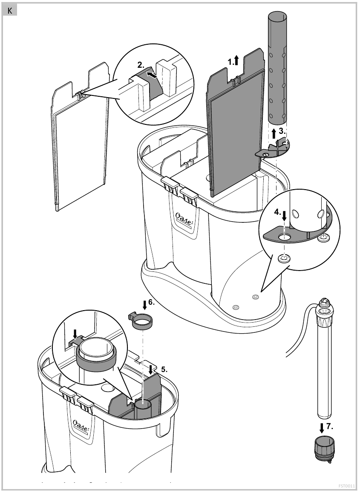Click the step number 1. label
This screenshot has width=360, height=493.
coord(230,61)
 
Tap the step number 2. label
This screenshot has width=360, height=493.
coord(141,66)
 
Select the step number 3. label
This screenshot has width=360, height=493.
coord(282,132)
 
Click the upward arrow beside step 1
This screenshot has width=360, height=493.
coord(236,61)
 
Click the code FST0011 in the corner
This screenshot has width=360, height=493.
coord(346,484)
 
